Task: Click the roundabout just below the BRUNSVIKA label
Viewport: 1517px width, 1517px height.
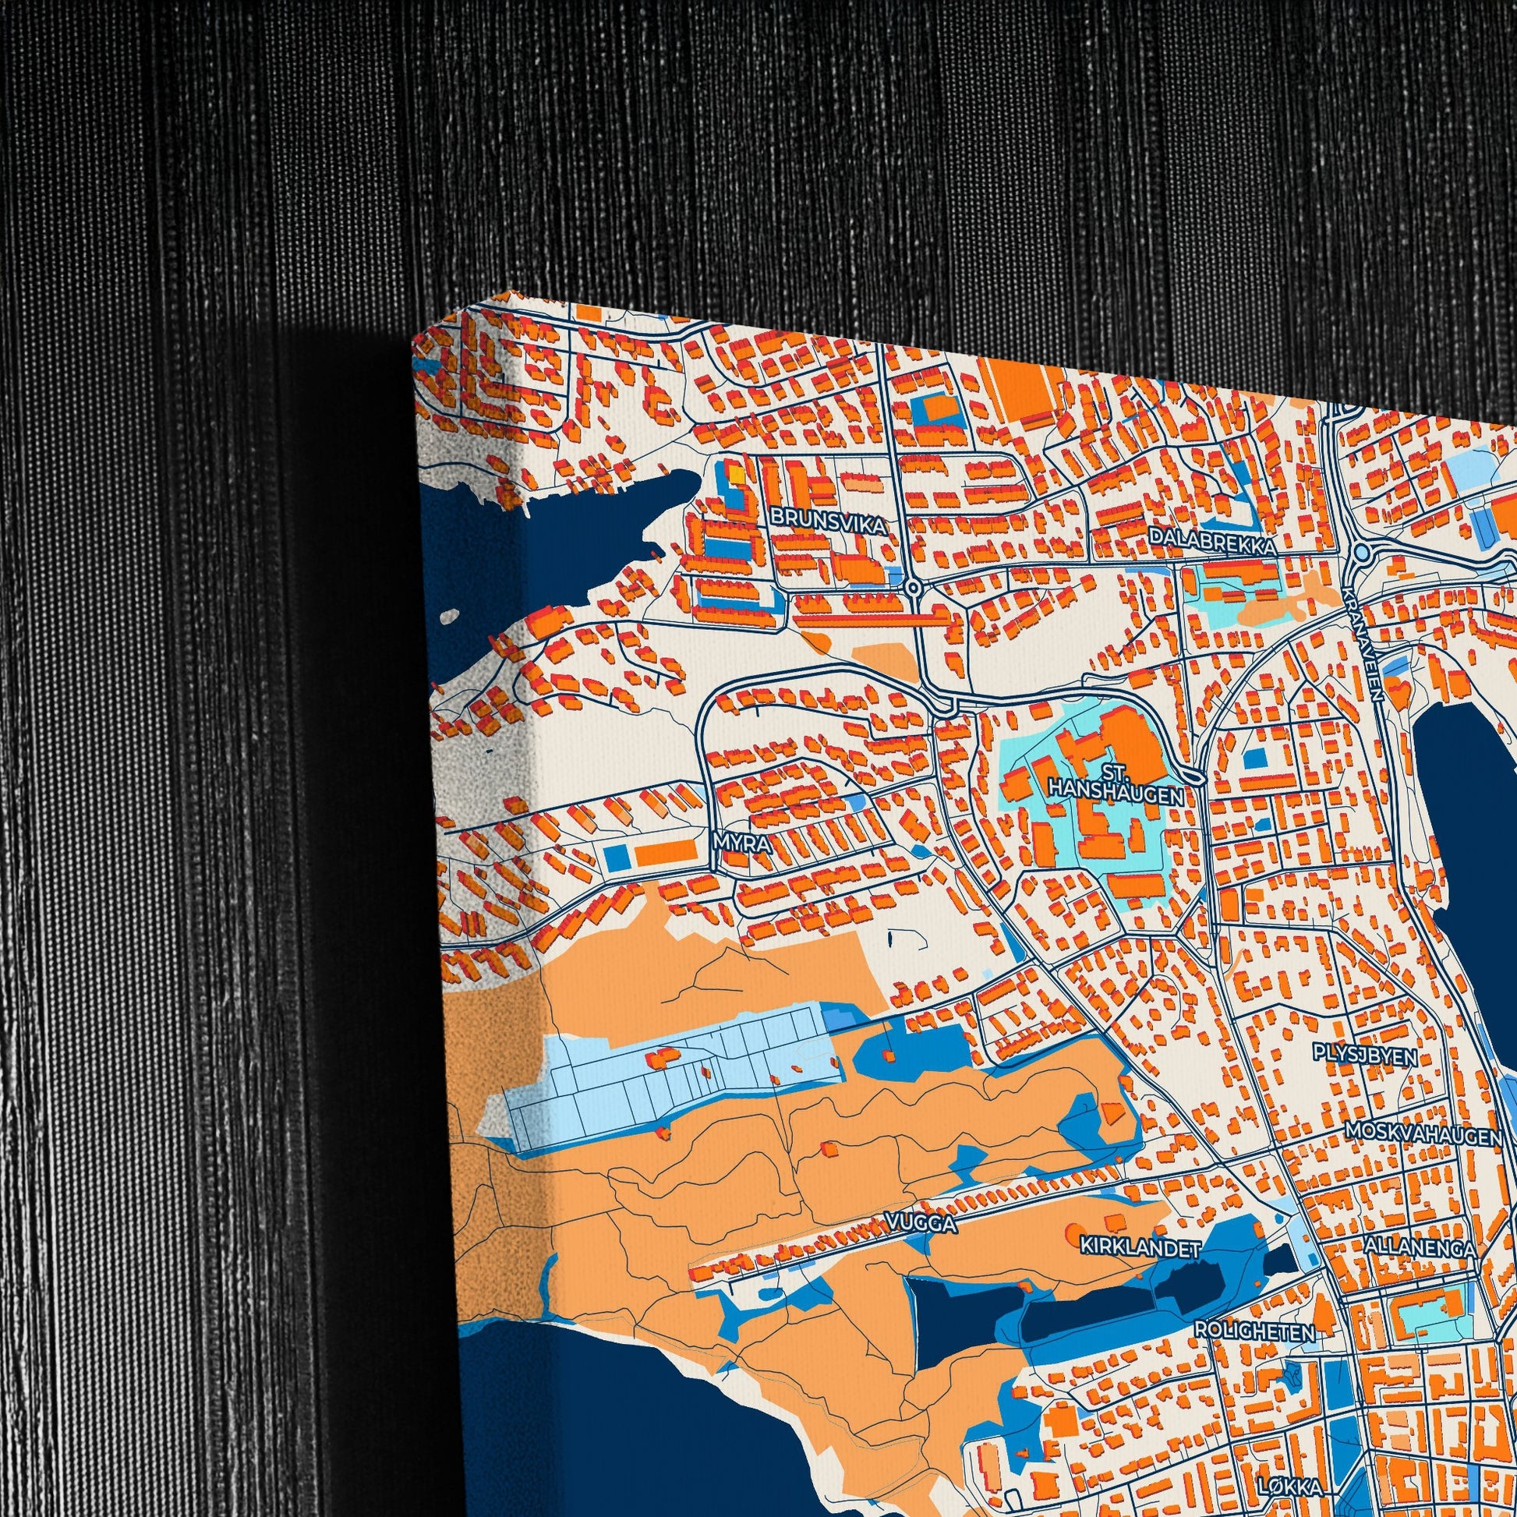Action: [912, 587]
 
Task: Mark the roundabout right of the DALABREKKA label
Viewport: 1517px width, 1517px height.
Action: [1363, 553]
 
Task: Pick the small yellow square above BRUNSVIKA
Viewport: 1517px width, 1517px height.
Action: [737, 475]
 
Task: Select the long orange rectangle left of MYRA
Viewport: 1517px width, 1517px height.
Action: [665, 851]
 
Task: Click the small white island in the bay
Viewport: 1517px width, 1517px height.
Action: [449, 616]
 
